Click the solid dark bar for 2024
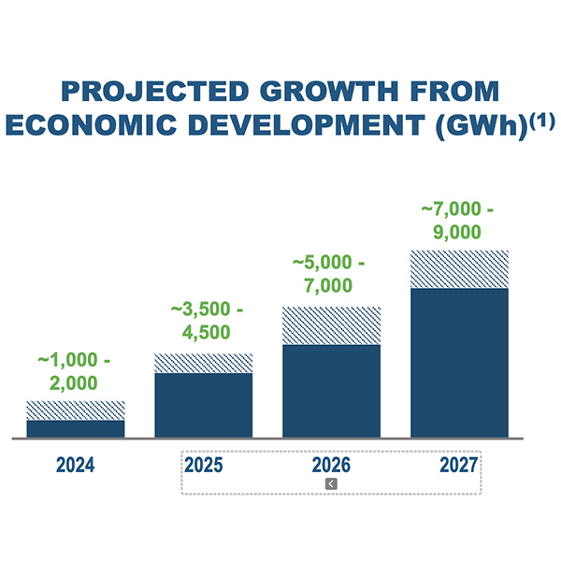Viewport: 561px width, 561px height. click(75, 428)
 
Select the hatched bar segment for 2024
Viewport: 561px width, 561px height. click(75, 410)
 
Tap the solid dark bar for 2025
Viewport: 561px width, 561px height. click(203, 405)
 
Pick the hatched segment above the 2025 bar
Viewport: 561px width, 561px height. click(203, 363)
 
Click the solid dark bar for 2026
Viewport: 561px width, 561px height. click(331, 391)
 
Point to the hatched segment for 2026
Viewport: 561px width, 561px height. click(331, 325)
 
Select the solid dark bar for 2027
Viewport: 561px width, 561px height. click(459, 363)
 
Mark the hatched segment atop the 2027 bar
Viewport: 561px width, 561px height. click(459, 269)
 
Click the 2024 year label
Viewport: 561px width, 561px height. click(75, 465)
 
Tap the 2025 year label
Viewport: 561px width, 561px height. click(203, 465)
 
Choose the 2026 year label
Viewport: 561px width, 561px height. click(331, 465)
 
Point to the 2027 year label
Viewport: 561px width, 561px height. click(459, 465)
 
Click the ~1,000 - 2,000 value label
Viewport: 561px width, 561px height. click(75, 370)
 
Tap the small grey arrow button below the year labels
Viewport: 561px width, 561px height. click(331, 483)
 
